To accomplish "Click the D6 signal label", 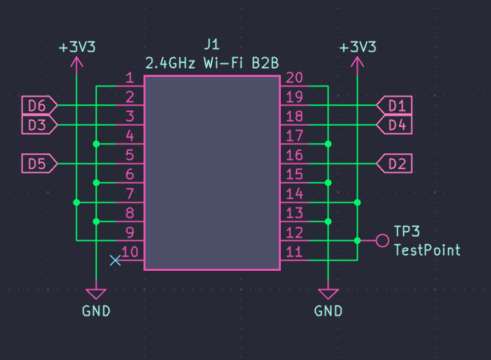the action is pyautogui.click(x=39, y=105).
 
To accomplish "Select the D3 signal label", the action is pyautogui.click(x=39, y=125).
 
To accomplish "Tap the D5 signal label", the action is pyautogui.click(x=39, y=163).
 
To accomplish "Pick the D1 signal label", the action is pyautogui.click(x=394, y=105).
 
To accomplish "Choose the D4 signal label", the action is pyautogui.click(x=394, y=125).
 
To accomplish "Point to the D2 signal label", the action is pyautogui.click(x=394, y=163).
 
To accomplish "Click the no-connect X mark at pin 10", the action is pyautogui.click(x=115, y=261).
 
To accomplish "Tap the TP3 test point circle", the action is pyautogui.click(x=382, y=241).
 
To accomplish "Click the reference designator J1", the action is pyautogui.click(x=212, y=44).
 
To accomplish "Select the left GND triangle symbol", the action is pyautogui.click(x=96, y=293).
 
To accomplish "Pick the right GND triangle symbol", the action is pyautogui.click(x=328, y=293).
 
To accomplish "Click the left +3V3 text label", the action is pyautogui.click(x=77, y=48).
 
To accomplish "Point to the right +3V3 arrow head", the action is pyautogui.click(x=357, y=62).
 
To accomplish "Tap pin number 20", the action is pyautogui.click(x=294, y=78).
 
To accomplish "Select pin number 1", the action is pyautogui.click(x=130, y=78).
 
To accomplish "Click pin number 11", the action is pyautogui.click(x=294, y=252).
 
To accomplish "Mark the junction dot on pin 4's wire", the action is pyautogui.click(x=96, y=144).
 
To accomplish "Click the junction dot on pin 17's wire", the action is pyautogui.click(x=328, y=144).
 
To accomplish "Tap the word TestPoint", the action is pyautogui.click(x=427, y=250).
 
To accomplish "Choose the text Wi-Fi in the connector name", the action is pyautogui.click(x=223, y=63).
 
